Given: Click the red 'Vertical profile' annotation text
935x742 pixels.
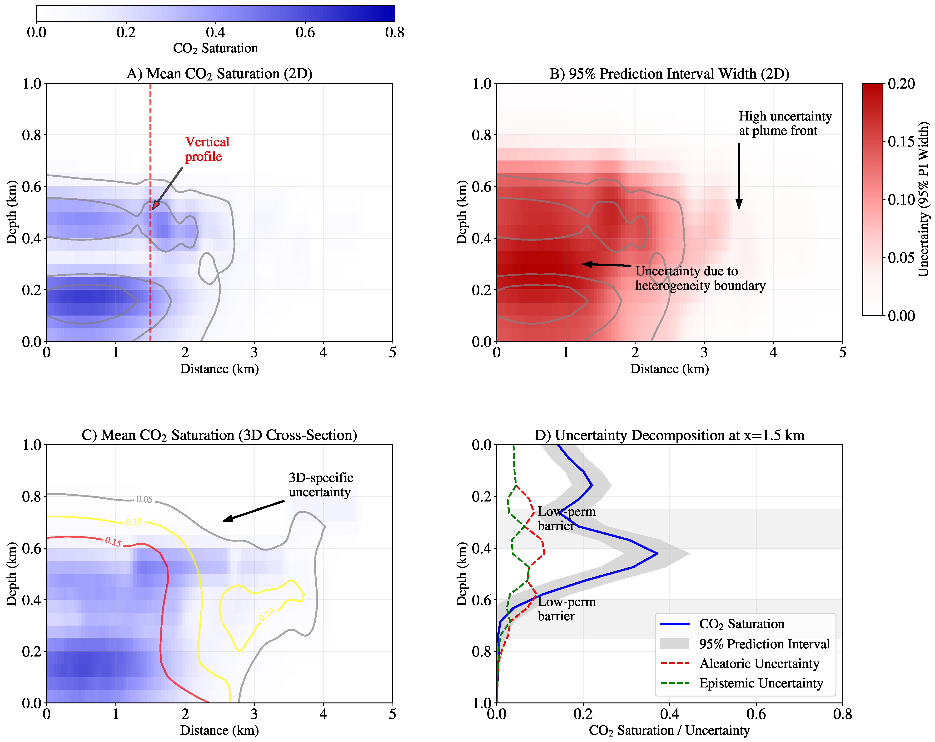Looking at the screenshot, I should click(x=207, y=149).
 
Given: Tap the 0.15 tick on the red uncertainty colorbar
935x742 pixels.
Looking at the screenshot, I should click(x=901, y=141).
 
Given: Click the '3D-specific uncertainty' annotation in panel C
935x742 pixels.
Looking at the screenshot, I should click(x=320, y=485).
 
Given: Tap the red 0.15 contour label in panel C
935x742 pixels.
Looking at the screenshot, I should click(x=113, y=541).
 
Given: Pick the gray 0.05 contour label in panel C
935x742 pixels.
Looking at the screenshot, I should click(x=144, y=499).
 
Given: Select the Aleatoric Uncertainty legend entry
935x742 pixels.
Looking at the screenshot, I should click(x=759, y=663).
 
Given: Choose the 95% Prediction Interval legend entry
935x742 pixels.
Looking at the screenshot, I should click(x=764, y=644).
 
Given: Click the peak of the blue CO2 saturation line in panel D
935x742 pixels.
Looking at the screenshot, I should click(x=657, y=553).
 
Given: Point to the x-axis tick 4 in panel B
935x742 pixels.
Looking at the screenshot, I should click(x=773, y=352).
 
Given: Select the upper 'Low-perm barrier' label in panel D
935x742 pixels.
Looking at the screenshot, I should click(x=566, y=519).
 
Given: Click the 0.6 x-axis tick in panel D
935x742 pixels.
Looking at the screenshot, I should click(x=756, y=714).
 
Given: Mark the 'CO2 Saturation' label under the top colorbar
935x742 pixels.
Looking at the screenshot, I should click(x=215, y=48).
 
